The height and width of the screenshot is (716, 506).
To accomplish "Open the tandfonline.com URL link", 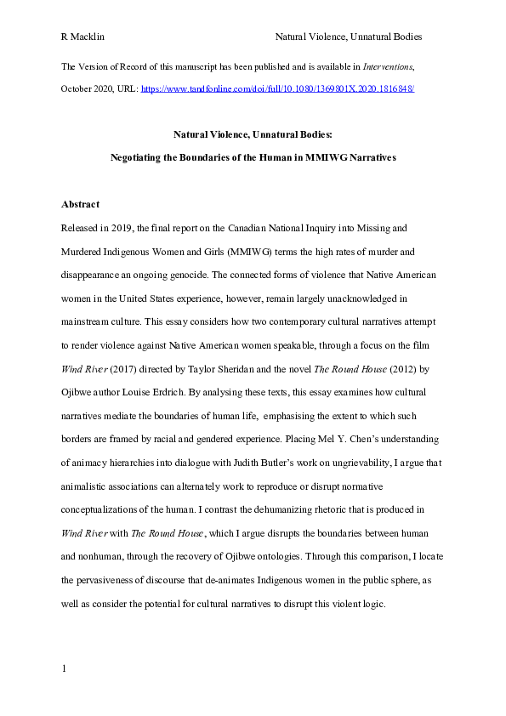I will click(x=277, y=88).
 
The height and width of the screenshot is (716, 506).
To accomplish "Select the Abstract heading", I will click(x=81, y=205).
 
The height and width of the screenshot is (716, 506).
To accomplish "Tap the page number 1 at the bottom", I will click(x=65, y=670).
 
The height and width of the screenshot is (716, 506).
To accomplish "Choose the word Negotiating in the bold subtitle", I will click(x=145, y=157).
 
